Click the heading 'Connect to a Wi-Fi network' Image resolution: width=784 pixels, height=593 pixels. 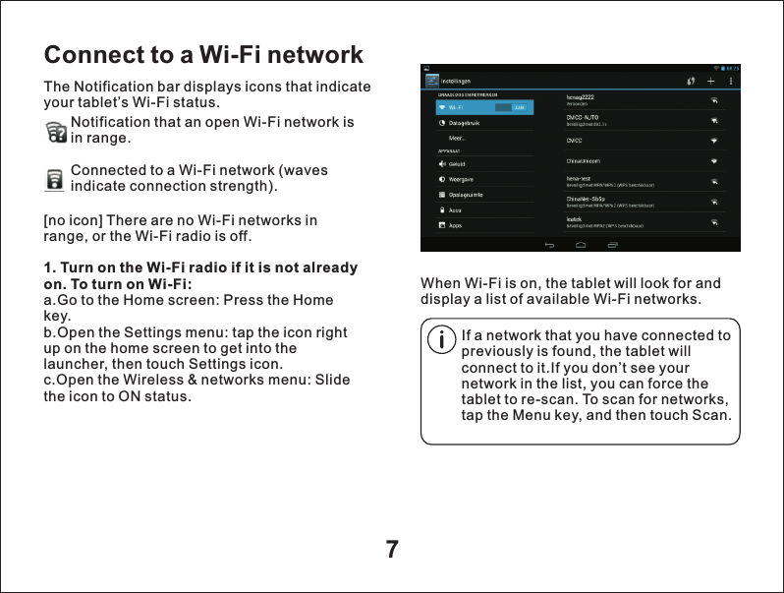tap(203, 54)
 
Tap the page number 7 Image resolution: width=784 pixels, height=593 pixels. tap(392, 549)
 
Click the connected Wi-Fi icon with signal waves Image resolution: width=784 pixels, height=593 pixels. tap(56, 179)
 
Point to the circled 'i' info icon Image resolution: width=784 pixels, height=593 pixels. tap(443, 340)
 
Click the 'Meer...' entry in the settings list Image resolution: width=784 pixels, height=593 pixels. tap(456, 139)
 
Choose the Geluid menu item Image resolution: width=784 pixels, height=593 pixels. tap(457, 163)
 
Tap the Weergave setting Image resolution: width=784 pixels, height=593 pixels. tap(461, 179)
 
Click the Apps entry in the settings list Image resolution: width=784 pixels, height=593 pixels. tap(456, 225)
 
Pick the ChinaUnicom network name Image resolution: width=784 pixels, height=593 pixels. tap(584, 159)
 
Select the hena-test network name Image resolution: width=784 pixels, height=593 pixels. tap(579, 178)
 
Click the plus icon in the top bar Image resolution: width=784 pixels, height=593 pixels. tap(710, 81)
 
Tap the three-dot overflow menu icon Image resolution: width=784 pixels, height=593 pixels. tap(729, 81)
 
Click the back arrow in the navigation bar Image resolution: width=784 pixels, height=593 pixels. tap(549, 244)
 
